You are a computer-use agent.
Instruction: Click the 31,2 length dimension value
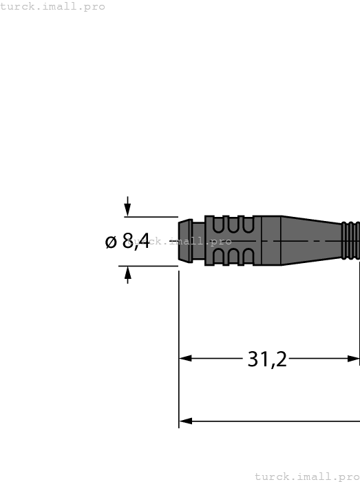[267, 359]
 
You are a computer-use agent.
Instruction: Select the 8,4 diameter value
[136, 241]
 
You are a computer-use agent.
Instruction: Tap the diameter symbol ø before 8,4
[112, 242]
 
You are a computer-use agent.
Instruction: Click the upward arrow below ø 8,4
[127, 274]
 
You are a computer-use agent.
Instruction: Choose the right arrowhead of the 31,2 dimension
[354, 358]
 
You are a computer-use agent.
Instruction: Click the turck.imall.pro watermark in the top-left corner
[53, 6]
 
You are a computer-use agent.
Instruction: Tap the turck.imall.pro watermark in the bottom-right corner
[307, 476]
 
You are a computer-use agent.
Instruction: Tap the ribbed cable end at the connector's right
[351, 240]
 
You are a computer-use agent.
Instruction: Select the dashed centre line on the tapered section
[310, 241]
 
